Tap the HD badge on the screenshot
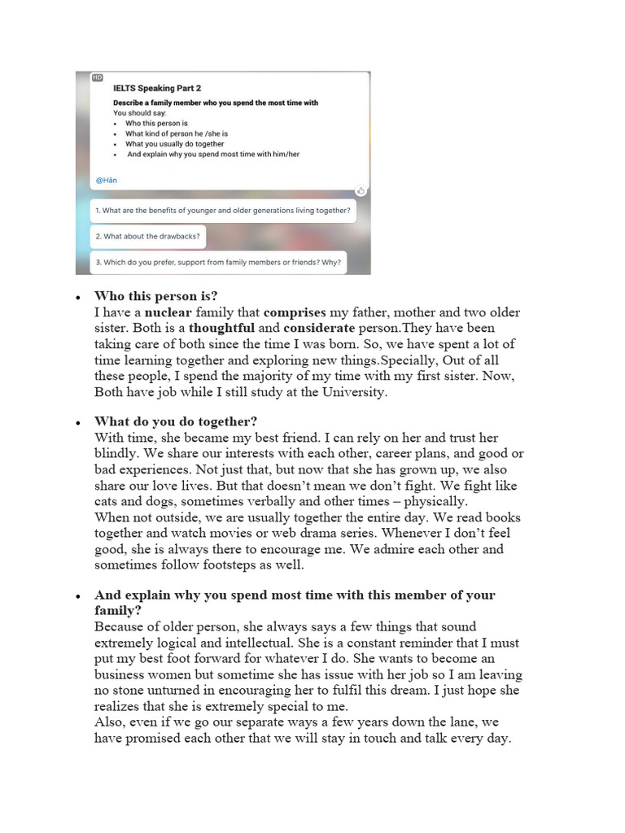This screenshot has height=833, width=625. [98, 77]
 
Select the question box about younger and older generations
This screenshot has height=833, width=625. [223, 211]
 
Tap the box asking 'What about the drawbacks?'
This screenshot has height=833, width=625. [147, 237]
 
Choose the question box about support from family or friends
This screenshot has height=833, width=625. [218, 263]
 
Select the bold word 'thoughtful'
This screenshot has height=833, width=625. [221, 328]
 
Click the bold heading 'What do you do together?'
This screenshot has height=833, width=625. [176, 421]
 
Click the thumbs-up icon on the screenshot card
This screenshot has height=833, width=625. [361, 190]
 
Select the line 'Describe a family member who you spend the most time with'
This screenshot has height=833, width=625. [216, 102]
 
